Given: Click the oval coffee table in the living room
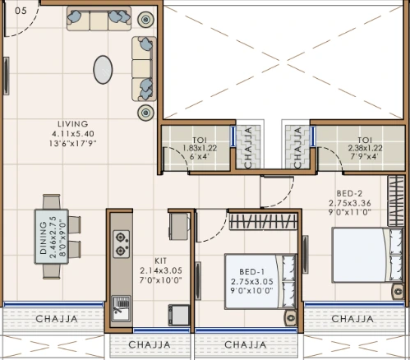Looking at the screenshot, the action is pyautogui.click(x=103, y=70).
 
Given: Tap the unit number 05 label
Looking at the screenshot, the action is pyautogui.click(x=21, y=11).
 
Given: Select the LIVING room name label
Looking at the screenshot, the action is pyautogui.click(x=73, y=124).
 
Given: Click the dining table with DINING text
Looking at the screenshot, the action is pyautogui.click(x=51, y=237).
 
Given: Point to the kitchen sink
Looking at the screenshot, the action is pyautogui.click(x=121, y=308).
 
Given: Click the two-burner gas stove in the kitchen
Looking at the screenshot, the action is pyautogui.click(x=122, y=244).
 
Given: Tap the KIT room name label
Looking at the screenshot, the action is pyautogui.click(x=160, y=261).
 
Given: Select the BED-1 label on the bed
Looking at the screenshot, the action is pyautogui.click(x=251, y=272).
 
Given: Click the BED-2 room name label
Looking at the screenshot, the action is pyautogui.click(x=349, y=193).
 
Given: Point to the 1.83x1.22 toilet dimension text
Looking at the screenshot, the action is pyautogui.click(x=200, y=148).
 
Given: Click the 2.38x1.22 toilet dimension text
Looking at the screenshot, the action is pyautogui.click(x=365, y=148).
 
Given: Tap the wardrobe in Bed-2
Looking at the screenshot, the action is pyautogui.click(x=396, y=201).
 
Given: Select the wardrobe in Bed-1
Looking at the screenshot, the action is pyautogui.click(x=263, y=221).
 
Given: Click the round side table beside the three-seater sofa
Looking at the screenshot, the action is pyautogui.click(x=145, y=20).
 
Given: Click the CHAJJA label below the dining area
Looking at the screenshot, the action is pyautogui.click(x=57, y=319).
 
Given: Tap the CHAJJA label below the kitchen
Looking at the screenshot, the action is pyautogui.click(x=150, y=344).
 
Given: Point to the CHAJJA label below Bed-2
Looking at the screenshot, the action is pyautogui.click(x=352, y=319).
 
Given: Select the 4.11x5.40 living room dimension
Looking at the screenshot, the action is pyautogui.click(x=73, y=134).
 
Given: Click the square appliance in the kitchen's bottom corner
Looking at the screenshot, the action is pyautogui.click(x=179, y=315).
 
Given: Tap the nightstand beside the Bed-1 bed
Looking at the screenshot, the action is pyautogui.click(x=291, y=318).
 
